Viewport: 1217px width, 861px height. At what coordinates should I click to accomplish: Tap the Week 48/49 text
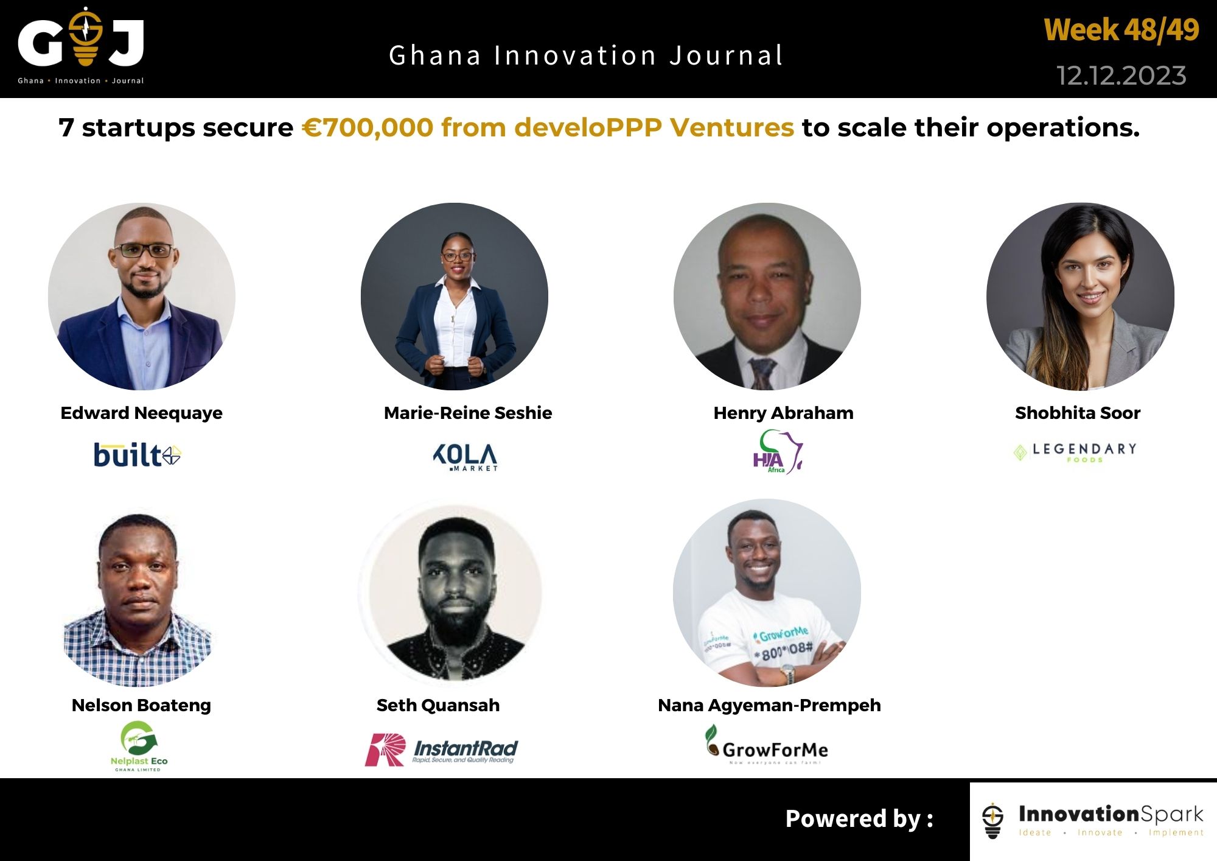coord(1121,30)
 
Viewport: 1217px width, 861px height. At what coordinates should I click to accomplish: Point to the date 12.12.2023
coord(1121,76)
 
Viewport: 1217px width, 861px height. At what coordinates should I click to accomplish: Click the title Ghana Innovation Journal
coord(586,55)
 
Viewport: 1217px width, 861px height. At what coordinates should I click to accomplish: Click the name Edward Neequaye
coord(141,413)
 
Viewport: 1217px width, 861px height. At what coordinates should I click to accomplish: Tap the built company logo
coord(137,455)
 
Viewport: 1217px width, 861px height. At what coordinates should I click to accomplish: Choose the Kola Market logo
coord(466,457)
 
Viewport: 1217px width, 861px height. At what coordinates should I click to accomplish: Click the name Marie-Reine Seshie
coord(467,413)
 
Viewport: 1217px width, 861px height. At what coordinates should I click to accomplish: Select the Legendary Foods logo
coord(1075,452)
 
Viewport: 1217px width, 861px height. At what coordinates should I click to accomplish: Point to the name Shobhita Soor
coord(1077,413)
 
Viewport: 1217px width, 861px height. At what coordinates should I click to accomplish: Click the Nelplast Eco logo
coord(139,746)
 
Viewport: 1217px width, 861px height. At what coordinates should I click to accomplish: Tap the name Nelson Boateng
coord(141,705)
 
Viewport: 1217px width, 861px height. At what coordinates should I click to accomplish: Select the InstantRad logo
coord(441,750)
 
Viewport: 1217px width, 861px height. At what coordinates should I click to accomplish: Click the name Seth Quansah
coord(438,705)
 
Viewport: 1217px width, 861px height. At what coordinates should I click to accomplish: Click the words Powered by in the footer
coord(859,819)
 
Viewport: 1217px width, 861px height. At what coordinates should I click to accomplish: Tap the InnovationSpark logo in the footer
coord(1093,820)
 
